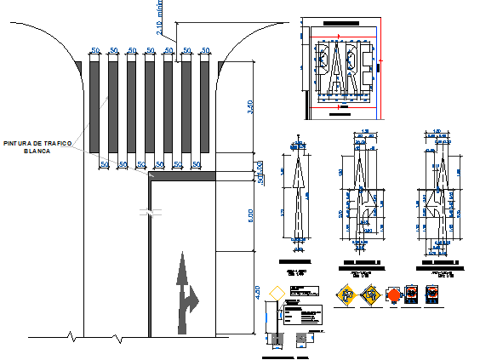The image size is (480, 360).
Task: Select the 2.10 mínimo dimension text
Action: [x=160, y=19]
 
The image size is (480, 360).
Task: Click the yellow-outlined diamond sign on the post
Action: [x=273, y=293]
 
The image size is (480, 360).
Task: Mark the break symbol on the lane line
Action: [x=150, y=213]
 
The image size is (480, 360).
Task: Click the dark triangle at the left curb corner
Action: [x=79, y=65]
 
